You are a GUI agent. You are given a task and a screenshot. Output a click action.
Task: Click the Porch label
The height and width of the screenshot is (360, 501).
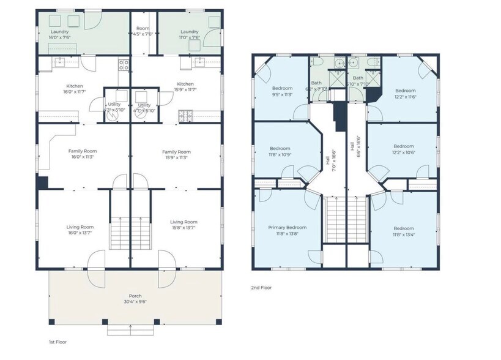(135, 298)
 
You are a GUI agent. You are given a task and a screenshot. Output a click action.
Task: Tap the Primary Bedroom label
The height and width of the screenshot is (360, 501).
(287, 230)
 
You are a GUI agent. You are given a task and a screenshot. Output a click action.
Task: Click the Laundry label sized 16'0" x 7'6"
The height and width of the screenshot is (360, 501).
(59, 34)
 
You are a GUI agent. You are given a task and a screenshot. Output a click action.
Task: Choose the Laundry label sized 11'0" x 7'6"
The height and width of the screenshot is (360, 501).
(189, 34)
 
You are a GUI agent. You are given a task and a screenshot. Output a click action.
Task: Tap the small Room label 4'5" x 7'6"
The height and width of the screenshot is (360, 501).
(143, 31)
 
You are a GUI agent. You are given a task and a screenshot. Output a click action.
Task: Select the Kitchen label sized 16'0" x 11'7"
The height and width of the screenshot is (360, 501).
(75, 89)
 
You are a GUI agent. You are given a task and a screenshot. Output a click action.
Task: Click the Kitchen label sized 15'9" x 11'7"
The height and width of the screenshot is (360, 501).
(185, 87)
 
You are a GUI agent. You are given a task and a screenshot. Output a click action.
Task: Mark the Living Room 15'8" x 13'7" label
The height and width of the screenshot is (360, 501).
(184, 225)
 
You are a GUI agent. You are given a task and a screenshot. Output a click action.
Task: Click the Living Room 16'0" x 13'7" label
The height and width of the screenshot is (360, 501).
(80, 230)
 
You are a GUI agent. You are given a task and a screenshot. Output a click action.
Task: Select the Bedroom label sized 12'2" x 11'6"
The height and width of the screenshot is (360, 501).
(404, 93)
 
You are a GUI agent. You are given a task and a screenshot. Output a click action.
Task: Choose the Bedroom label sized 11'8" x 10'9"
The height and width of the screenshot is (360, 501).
(280, 151)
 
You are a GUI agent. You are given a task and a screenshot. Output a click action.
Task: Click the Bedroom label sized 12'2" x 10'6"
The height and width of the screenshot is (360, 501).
(403, 149)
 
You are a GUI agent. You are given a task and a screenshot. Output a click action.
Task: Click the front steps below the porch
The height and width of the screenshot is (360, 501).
(130, 329)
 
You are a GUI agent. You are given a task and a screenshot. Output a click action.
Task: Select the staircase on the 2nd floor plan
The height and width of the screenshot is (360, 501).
(334, 220)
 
